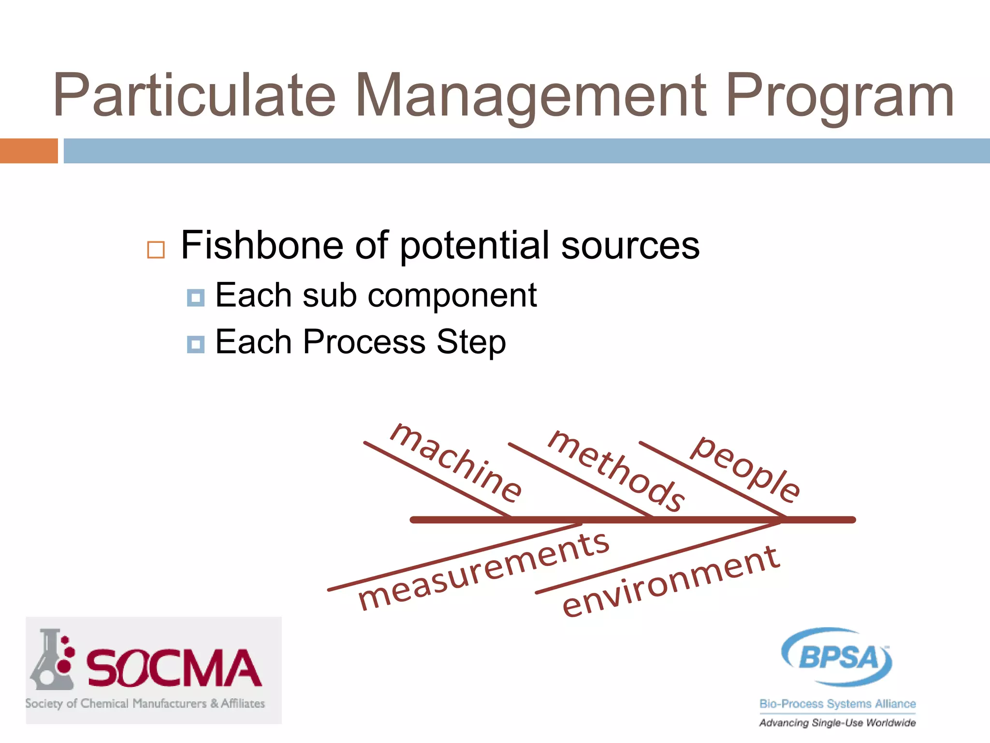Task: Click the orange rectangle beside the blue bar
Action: [29, 151]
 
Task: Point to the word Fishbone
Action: [262, 245]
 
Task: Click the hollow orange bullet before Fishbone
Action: [156, 250]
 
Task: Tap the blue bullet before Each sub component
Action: [196, 298]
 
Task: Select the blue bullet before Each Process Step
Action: [196, 344]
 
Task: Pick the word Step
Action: [471, 342]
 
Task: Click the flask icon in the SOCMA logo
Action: [50, 660]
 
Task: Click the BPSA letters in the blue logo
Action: [838, 657]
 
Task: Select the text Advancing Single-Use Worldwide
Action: [837, 723]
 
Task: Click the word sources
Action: [630, 245]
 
